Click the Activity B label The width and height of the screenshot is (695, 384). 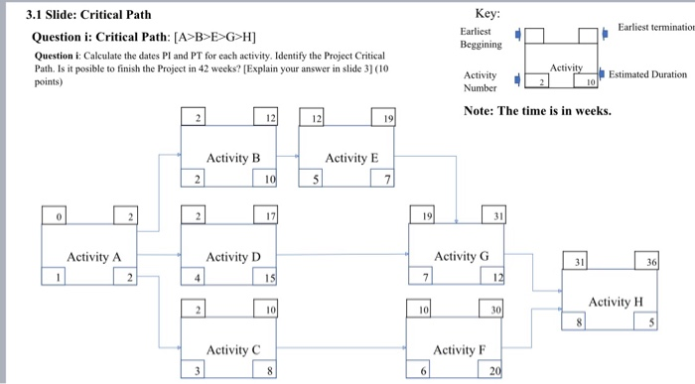pyautogui.click(x=232, y=159)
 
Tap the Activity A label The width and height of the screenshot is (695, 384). pyautogui.click(x=93, y=257)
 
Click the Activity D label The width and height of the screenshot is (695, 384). pyautogui.click(x=233, y=257)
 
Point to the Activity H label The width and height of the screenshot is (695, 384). pyautogui.click(x=615, y=302)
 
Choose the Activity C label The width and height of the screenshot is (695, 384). pyautogui.click(x=232, y=349)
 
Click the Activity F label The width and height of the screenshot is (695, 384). pyautogui.click(x=460, y=349)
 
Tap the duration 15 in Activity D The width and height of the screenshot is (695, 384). pyautogui.click(x=269, y=278)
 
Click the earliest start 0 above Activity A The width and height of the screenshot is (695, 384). pyautogui.click(x=57, y=215)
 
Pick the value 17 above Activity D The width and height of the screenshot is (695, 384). pyautogui.click(x=269, y=215)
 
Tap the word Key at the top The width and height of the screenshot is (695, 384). pyautogui.click(x=487, y=12)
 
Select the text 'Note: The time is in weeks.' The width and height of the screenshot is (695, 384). pyautogui.click(x=537, y=110)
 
